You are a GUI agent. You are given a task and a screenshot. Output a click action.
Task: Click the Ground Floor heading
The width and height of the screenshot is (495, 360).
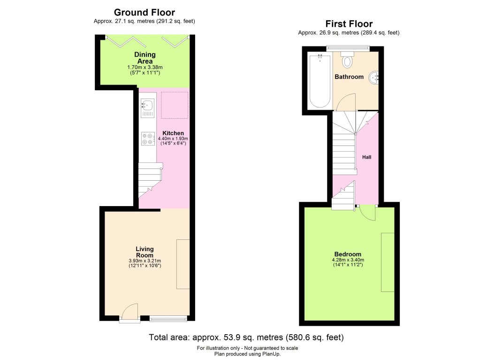coord(144,13)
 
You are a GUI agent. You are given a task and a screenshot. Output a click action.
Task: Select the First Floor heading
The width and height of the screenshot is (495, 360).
coord(349,24)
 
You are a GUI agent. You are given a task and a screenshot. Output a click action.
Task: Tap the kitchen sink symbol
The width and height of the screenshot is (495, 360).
coord(147,107)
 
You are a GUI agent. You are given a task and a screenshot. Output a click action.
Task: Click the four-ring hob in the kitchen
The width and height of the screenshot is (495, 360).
coord(147,138)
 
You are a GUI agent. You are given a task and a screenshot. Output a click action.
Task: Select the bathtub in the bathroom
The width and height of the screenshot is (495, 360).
coord(320,82)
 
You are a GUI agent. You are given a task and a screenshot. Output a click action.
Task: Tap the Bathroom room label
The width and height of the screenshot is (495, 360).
coord(349,77)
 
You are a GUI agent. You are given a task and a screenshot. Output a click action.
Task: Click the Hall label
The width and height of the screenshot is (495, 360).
coord(367,157)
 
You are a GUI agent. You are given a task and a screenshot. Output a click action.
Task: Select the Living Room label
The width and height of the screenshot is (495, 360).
coord(145,252)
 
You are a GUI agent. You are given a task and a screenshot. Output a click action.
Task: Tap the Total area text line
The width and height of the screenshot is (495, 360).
coord(246,337)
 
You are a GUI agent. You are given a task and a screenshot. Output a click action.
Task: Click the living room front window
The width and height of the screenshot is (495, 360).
coord(168,320)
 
